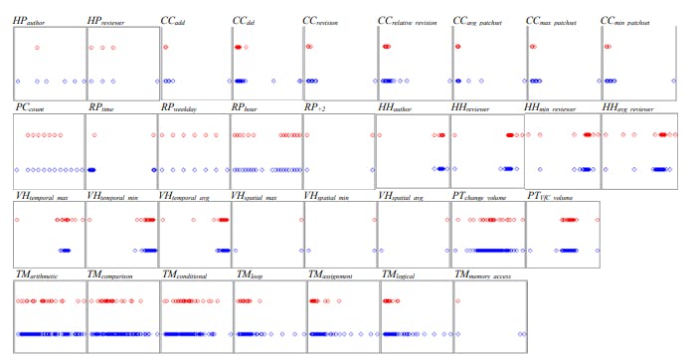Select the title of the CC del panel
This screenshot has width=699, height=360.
coord(247,20)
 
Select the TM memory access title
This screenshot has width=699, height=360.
coord(491,273)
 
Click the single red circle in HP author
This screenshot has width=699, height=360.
coord(37,48)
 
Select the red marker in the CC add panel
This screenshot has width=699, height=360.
coord(165,48)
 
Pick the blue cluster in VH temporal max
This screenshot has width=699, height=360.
coord(66,251)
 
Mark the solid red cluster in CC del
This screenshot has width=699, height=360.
coord(239,48)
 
